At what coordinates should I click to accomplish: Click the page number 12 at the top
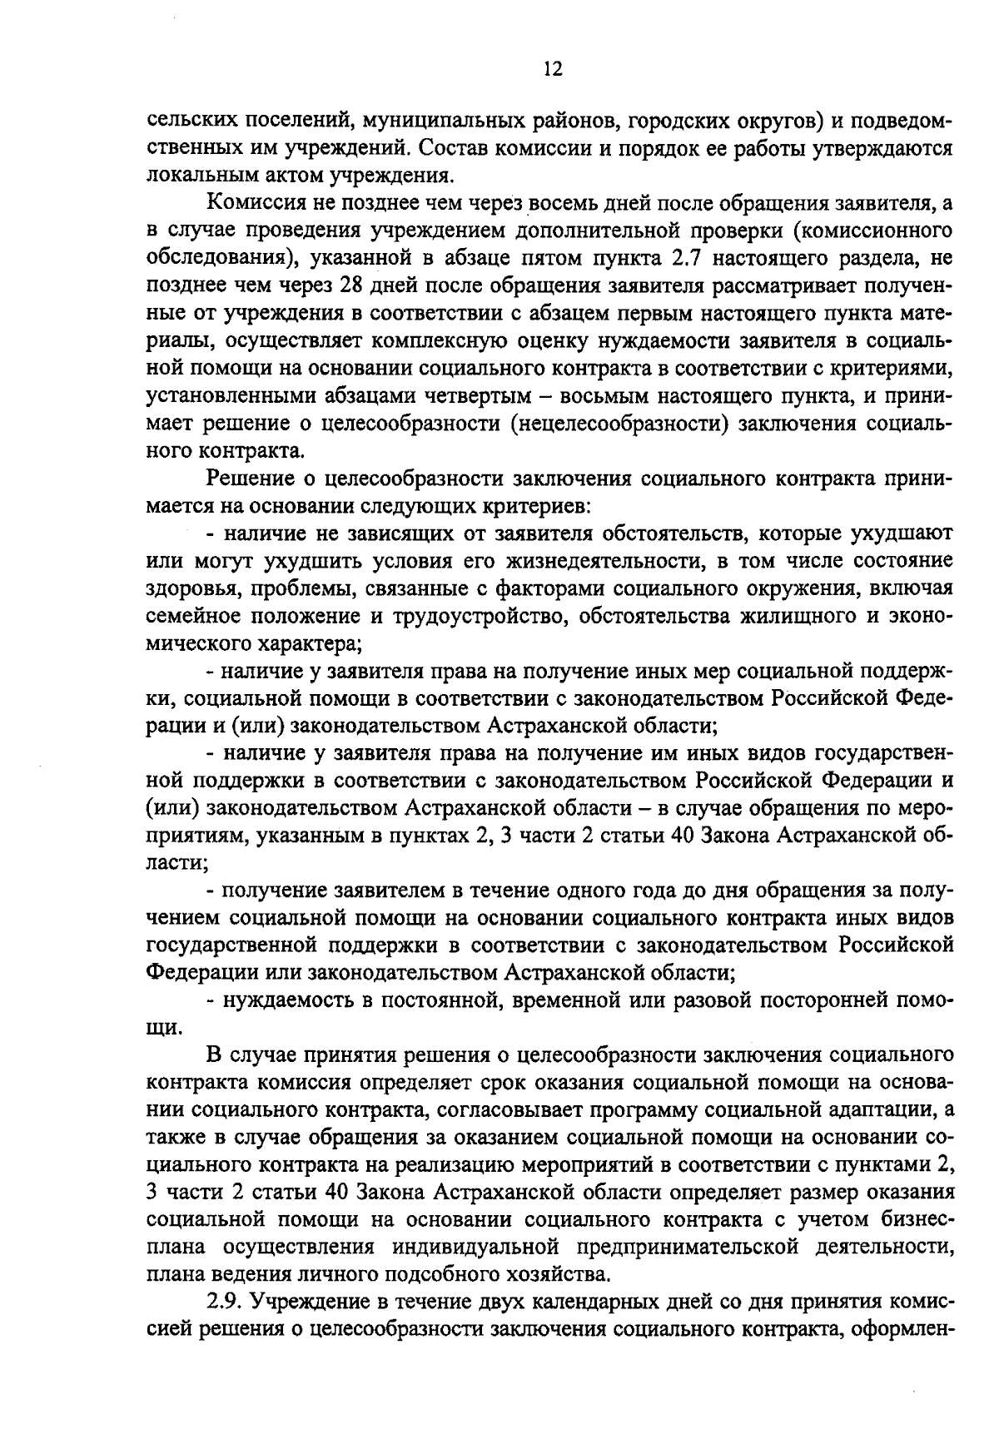[553, 70]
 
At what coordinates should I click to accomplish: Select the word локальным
[189, 176]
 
